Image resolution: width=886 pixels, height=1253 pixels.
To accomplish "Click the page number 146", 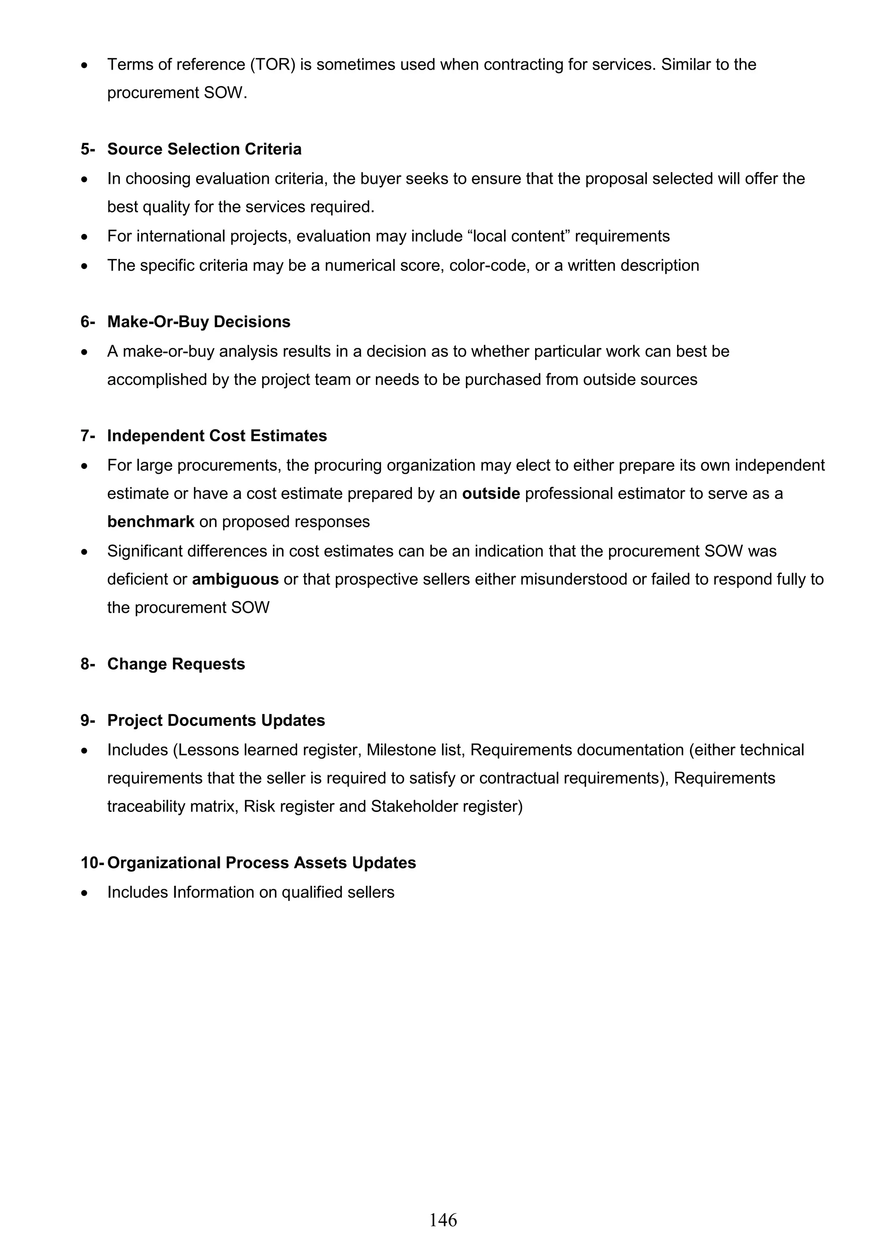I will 443,1219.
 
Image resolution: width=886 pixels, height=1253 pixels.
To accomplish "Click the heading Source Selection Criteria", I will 204,149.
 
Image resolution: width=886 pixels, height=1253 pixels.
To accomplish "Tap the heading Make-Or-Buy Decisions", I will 199,321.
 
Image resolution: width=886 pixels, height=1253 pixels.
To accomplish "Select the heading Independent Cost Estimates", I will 217,436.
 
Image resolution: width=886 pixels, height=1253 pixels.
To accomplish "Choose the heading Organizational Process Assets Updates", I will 261,863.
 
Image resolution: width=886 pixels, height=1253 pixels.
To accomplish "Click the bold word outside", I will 491,494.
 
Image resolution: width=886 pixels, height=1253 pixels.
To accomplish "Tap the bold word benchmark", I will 151,522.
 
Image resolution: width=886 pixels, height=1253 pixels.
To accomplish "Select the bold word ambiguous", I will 235,579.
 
